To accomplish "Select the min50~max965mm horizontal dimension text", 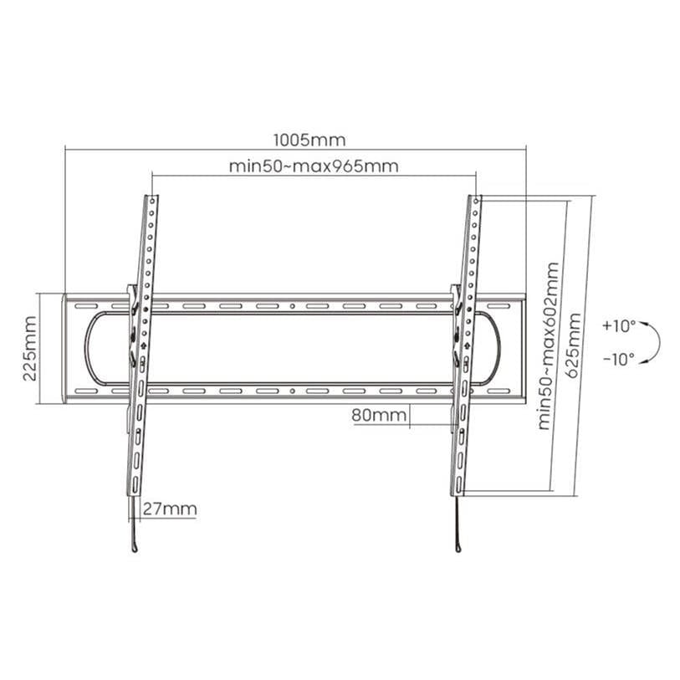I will [314, 166].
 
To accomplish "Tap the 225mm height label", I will [30, 349].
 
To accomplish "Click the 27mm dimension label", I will [170, 509].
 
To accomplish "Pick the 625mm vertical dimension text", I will [574, 345].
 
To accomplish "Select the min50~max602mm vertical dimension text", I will [548, 345].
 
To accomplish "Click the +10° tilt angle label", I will [618, 325].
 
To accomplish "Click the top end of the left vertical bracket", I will [151, 198].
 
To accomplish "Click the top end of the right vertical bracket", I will [475, 198].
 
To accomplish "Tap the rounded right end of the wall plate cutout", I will [495, 349].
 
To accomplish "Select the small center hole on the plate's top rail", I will [292, 307].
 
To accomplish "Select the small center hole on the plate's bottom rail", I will [292, 391].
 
